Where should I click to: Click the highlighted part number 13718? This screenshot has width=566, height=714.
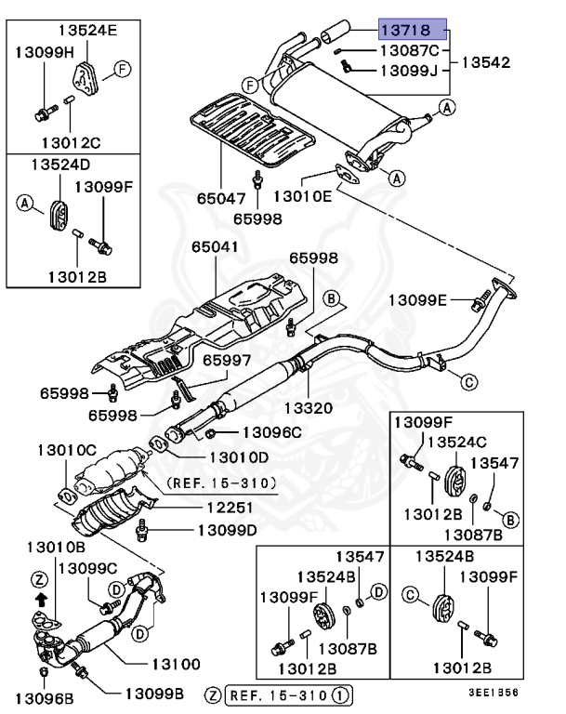tap(413, 30)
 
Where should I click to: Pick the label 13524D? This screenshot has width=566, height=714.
tap(60, 164)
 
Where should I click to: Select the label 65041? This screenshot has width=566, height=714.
tap(215, 247)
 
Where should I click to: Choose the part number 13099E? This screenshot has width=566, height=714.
tap(417, 299)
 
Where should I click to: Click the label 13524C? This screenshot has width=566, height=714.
tap(462, 441)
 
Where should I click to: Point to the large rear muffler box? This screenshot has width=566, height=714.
tap(344, 102)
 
